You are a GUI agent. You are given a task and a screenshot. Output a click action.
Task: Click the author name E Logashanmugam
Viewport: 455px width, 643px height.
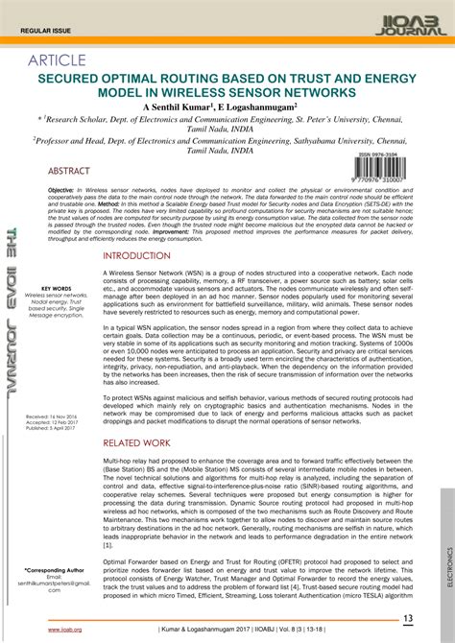pos(259,108)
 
